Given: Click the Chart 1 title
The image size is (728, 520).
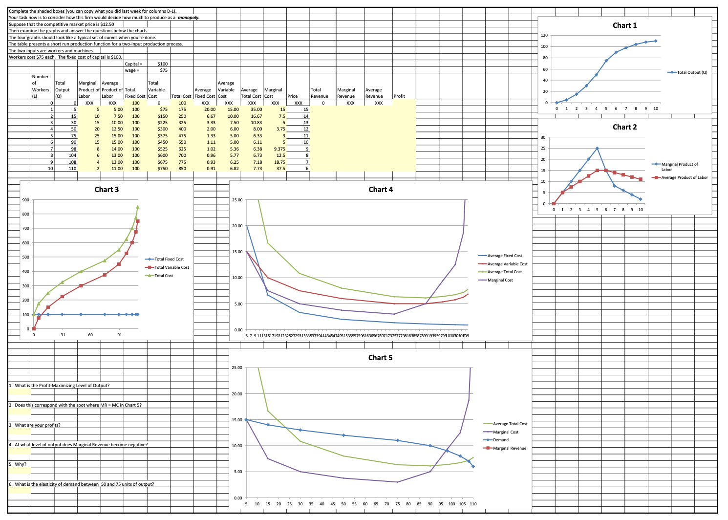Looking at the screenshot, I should [x=624, y=25].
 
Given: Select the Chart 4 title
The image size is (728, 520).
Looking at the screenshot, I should [x=380, y=190].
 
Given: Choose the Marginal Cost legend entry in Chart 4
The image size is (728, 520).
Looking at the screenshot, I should [x=500, y=280].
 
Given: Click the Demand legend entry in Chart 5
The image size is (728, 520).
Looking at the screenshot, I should [x=501, y=440].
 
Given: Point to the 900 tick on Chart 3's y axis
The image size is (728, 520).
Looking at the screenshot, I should [x=25, y=199].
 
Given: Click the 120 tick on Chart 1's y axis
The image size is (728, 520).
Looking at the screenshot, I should [x=545, y=35].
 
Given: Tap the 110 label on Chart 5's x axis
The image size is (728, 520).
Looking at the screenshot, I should [x=472, y=504].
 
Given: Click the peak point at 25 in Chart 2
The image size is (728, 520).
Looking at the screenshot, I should [x=597, y=148].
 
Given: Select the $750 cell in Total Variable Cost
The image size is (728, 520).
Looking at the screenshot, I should [x=163, y=169].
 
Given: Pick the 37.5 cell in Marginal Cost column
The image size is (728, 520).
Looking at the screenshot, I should [x=280, y=169].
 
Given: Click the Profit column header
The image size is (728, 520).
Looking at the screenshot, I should [x=399, y=96].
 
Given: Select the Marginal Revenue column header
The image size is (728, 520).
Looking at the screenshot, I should [x=346, y=93].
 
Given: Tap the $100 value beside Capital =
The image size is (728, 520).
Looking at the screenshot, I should [x=163, y=64].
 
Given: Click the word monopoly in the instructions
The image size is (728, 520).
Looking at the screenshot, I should [x=188, y=18].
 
